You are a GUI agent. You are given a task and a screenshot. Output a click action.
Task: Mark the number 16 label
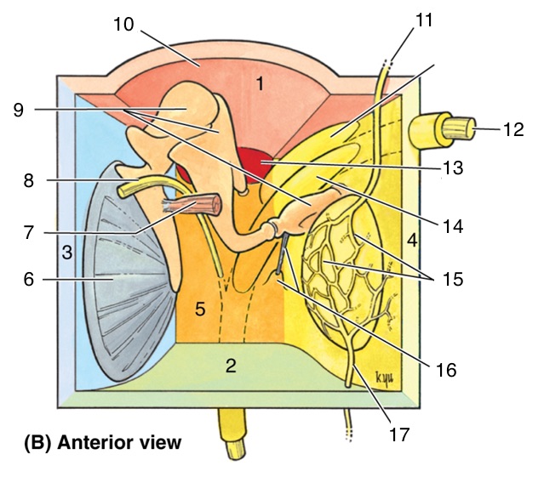point(445,370)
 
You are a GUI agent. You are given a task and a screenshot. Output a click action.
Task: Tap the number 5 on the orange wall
point(200,310)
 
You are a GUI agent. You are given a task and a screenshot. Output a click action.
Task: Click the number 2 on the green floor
point(230,366)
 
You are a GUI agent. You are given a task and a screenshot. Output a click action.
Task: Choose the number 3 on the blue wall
point(66,253)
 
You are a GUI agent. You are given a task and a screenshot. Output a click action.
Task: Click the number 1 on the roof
point(263,83)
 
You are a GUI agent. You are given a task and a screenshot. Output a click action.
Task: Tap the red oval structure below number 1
point(265,160)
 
